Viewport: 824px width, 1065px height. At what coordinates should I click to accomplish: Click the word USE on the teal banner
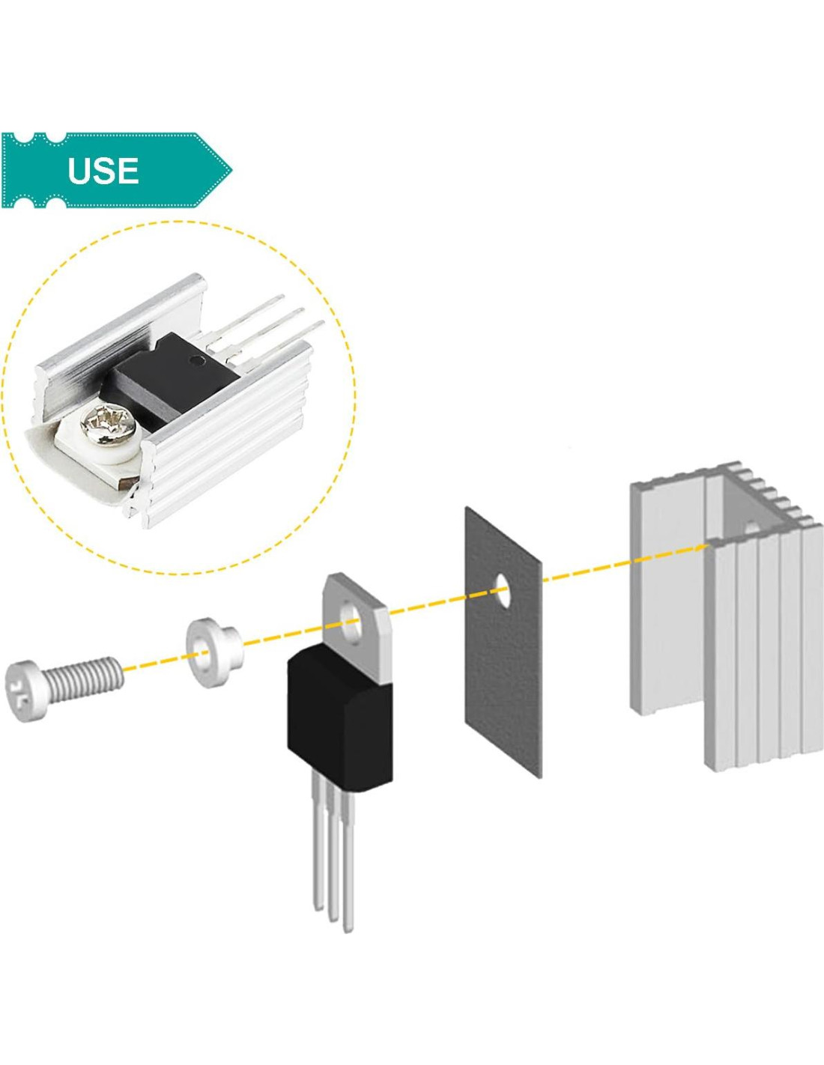click(x=103, y=171)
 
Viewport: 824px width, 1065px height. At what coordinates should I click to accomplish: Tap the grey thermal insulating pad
click(x=503, y=674)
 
